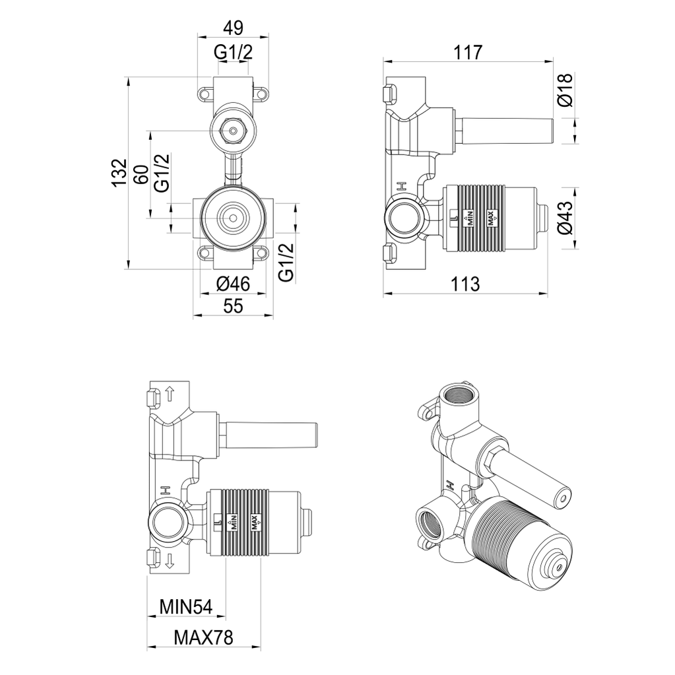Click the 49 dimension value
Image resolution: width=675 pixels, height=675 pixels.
233,28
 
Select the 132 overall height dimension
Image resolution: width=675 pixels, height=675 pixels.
118,173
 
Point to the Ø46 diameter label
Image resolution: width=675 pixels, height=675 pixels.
233,284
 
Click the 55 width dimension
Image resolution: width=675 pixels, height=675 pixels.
233,306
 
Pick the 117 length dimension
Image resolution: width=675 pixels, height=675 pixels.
468,52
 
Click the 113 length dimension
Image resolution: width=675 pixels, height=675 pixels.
466,284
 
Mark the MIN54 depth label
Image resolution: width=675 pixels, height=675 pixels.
185,606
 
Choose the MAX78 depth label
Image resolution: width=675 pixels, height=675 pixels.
204,637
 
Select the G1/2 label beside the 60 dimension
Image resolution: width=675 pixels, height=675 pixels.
162,173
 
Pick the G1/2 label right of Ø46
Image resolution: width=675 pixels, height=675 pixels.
285,263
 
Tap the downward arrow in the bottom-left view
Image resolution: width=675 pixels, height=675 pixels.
170,561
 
